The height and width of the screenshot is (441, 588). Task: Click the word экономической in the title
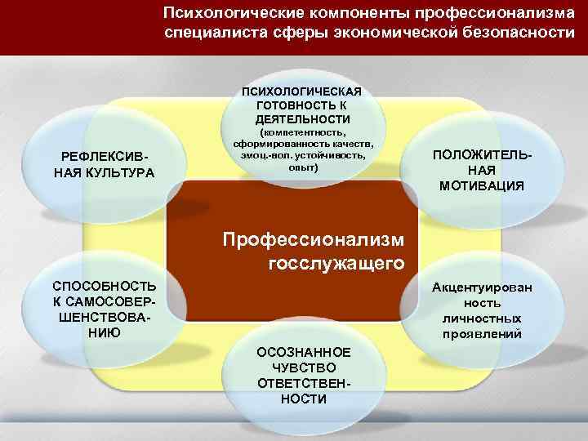383,34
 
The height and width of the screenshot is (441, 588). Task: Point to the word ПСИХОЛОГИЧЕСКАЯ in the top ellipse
303,91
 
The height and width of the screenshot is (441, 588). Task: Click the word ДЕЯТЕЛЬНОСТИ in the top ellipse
303,119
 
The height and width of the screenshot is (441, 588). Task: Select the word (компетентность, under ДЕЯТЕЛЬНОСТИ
303,132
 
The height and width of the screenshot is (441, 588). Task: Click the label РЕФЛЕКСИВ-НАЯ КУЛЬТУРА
103,165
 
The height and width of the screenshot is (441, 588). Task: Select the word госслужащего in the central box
336,264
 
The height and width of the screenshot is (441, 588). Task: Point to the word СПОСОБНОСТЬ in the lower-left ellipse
103,286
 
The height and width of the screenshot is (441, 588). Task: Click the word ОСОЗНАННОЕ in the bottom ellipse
303,352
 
